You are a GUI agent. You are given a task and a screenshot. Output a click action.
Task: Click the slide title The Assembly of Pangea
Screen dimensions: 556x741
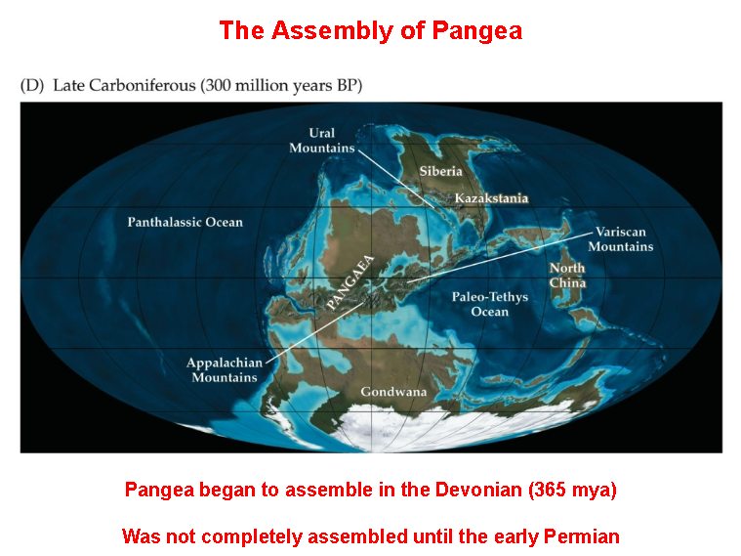[370, 30]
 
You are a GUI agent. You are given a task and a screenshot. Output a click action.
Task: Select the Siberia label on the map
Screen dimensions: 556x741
[440, 171]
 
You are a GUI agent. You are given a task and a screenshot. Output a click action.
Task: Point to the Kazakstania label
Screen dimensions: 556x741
[491, 198]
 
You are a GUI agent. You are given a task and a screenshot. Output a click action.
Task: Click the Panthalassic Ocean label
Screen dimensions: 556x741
[185, 222]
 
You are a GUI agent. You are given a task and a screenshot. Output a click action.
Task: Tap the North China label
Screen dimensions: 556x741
[566, 276]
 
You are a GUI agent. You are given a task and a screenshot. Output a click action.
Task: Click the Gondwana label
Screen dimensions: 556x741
[393, 392]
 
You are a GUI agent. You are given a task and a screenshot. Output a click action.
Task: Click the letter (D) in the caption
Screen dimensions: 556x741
[31, 86]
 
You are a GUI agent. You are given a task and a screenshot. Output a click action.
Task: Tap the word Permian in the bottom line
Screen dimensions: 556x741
[583, 535]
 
